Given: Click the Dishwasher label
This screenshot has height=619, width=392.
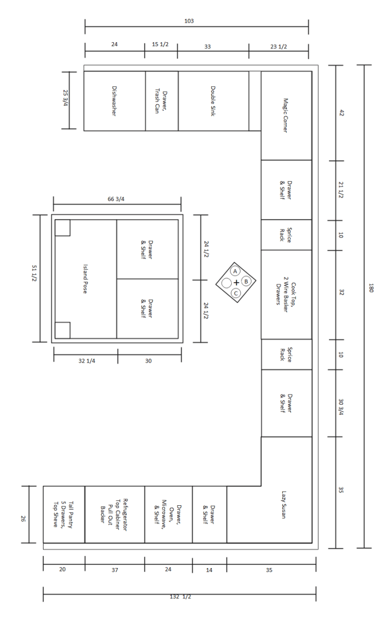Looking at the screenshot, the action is (x=114, y=101).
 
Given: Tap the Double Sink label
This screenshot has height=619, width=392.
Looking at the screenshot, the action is (x=213, y=101).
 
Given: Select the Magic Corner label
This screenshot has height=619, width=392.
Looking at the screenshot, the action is (x=286, y=116).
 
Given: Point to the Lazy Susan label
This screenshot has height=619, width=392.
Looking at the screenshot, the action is (x=284, y=505).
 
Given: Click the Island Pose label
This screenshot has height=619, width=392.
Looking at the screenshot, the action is (x=85, y=279).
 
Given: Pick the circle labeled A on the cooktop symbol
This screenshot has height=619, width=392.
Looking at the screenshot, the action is (x=235, y=272).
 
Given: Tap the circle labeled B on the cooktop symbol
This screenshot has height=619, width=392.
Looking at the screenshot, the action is (x=246, y=282).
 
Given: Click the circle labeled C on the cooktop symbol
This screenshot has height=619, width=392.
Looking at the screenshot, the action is (x=236, y=293).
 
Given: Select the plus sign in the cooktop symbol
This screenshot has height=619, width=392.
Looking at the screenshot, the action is (x=236, y=282).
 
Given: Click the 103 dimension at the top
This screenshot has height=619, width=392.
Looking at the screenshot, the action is (x=189, y=21).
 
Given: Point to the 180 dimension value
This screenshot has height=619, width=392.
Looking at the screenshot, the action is (x=371, y=288).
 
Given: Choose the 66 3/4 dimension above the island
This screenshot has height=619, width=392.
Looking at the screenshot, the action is (x=116, y=199).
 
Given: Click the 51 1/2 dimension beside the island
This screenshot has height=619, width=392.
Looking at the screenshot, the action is (x=34, y=273).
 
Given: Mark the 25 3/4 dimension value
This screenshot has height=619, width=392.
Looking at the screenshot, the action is (x=66, y=98).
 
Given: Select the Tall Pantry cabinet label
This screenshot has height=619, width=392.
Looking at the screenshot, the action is (x=63, y=515).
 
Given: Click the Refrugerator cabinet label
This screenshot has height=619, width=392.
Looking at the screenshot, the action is (x=114, y=515).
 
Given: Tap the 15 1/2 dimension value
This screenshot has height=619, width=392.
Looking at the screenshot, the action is (x=160, y=44).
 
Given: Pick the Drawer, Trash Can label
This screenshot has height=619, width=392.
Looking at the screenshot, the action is (x=161, y=101).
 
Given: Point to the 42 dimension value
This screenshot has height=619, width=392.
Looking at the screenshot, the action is (x=342, y=113).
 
